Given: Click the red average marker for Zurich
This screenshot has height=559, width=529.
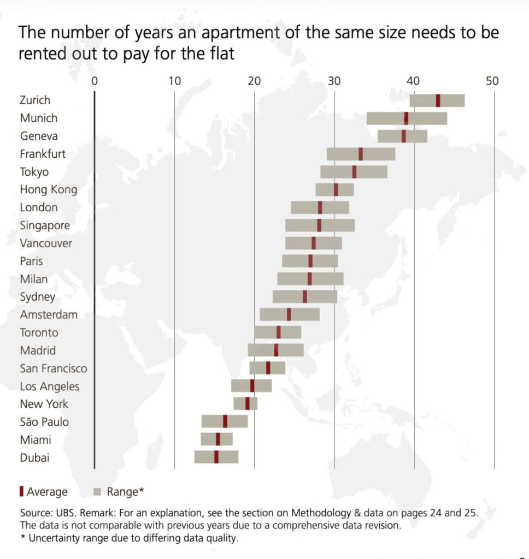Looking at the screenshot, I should tap(438, 100).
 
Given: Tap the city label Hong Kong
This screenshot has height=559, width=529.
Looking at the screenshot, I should tap(48, 190).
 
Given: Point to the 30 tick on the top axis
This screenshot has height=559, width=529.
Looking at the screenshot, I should tap(334, 81).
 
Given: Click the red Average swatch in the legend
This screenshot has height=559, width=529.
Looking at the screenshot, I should tap(21, 491).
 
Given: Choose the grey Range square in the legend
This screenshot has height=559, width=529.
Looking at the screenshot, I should tap(98, 491).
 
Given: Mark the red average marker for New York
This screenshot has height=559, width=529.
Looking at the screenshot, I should tap(247, 403).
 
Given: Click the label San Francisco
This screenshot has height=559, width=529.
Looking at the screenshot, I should tap(53, 368).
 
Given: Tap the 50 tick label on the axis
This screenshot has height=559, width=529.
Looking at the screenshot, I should tap(492, 81).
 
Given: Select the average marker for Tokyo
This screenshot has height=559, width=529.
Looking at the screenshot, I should tap(354, 172).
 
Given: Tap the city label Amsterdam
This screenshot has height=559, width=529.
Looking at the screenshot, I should tap(49, 315).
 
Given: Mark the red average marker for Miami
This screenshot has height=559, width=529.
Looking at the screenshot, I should tap(218, 439).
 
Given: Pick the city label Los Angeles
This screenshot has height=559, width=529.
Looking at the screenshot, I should tap(49, 386).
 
